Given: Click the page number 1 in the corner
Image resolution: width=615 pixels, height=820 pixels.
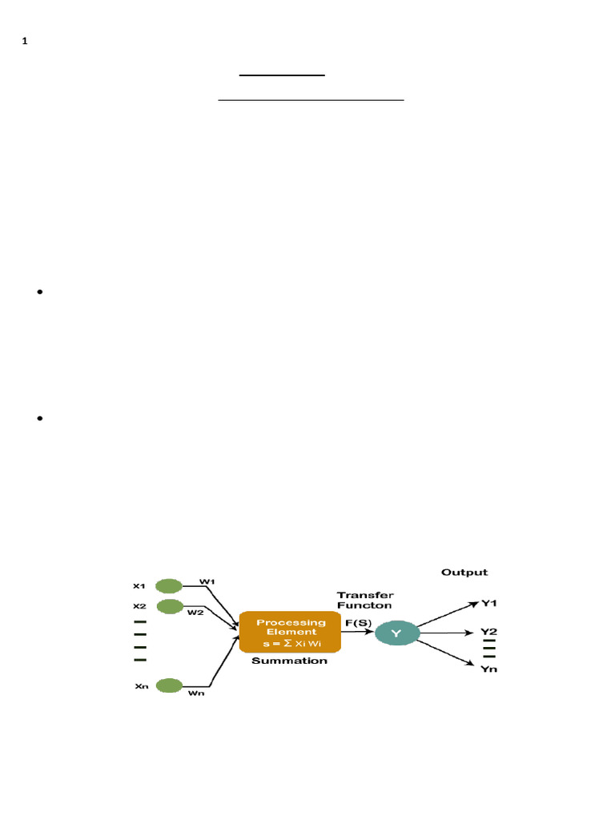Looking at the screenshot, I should [25, 42].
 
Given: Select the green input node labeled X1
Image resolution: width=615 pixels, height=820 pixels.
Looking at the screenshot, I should [169, 585].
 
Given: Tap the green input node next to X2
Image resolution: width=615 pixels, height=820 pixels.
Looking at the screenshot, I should [170, 606].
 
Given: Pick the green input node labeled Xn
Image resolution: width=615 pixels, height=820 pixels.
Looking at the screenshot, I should [169, 685].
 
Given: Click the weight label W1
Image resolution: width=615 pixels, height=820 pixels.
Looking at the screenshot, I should [206, 581].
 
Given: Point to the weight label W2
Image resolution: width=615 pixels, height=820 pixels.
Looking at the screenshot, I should [196, 613].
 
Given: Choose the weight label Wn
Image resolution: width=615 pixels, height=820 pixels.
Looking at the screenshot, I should [196, 693].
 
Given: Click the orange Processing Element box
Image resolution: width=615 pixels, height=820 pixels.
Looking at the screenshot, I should [290, 632].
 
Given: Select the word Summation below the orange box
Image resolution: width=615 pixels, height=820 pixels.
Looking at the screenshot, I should [289, 661].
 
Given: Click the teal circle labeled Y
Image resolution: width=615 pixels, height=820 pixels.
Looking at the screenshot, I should [395, 633].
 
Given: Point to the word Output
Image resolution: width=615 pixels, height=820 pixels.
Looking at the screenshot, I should [464, 573].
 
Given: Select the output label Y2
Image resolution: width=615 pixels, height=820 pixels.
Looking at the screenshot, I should [488, 632].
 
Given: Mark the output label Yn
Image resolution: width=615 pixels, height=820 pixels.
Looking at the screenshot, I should [488, 669].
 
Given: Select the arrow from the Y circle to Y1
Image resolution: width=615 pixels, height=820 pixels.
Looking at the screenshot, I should [445, 615].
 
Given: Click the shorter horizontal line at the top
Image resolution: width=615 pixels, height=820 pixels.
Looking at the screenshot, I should [283, 75].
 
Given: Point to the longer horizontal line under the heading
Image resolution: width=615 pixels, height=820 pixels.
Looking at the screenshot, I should [312, 101].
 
